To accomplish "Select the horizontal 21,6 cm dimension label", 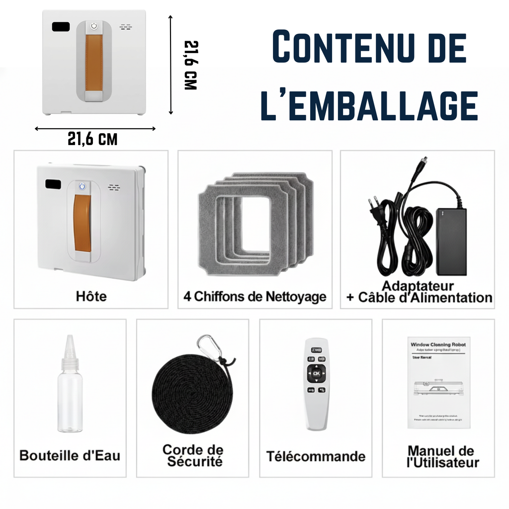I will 92,139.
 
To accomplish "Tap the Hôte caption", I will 91,297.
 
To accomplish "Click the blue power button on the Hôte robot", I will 83,187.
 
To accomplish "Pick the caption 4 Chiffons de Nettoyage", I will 254,297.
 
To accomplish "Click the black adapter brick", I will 451,242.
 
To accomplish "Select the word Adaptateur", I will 418,286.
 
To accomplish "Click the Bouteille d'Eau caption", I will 70,455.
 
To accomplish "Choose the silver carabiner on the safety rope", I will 209,346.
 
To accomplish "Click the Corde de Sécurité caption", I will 193,456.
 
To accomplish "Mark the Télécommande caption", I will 316,456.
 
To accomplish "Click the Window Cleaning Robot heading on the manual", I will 438,344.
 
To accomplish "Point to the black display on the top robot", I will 60,26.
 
